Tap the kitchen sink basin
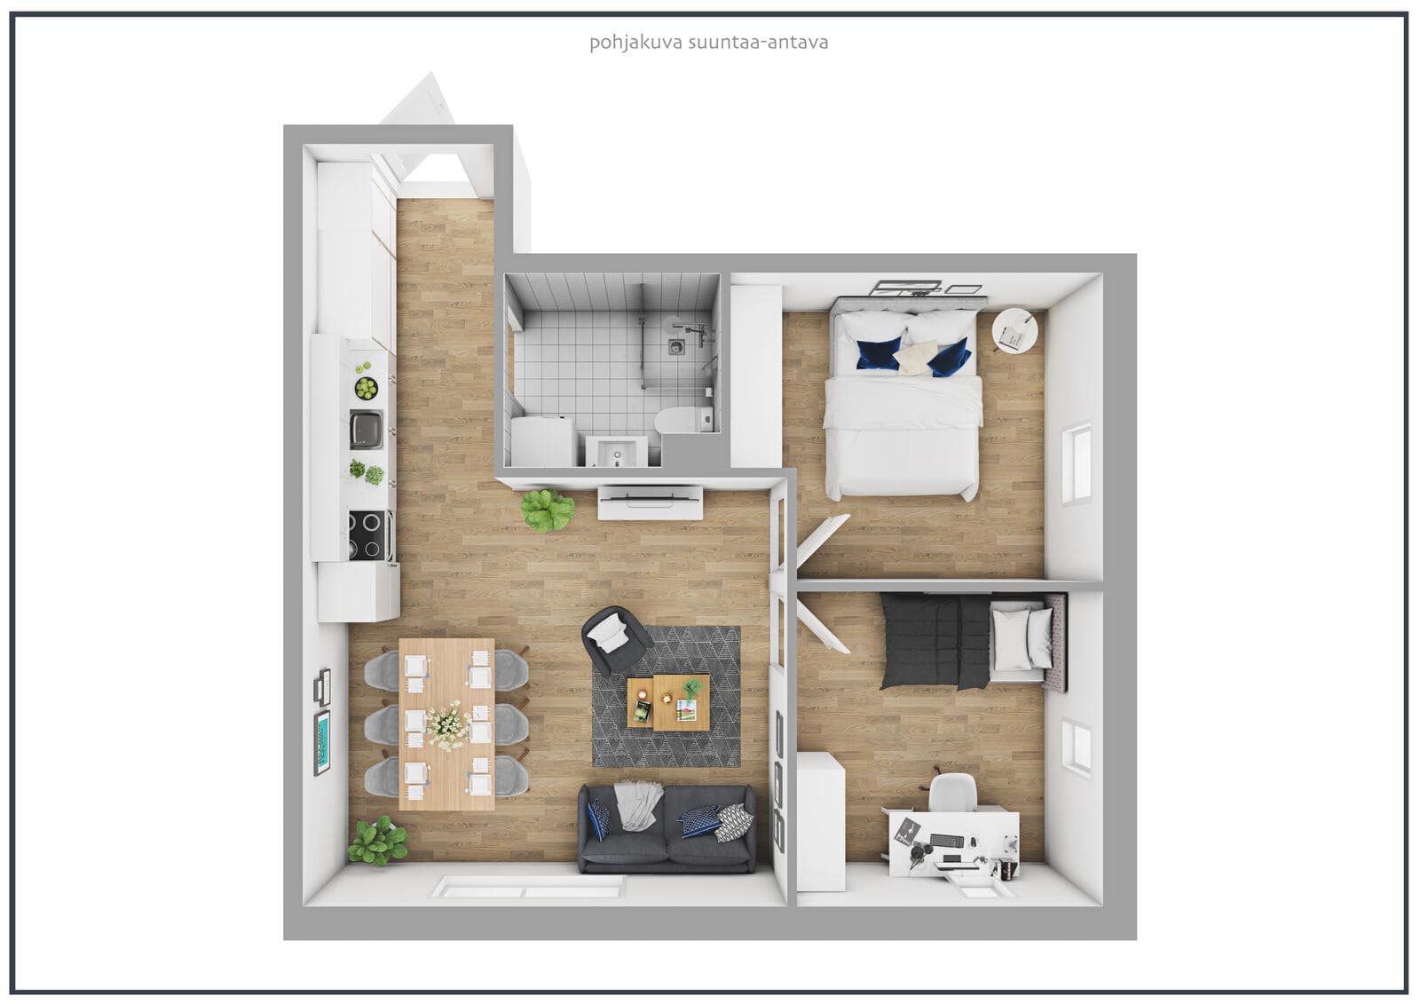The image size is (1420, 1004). (367, 429)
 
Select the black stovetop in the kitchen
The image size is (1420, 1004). (367, 534)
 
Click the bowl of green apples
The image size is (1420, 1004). (366, 388)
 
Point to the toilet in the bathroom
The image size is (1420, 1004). (684, 419)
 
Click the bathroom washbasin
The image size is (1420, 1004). (616, 452)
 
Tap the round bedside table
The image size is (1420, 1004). (1015, 330)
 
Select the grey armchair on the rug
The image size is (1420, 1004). (616, 639)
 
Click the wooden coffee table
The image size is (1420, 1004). (668, 702)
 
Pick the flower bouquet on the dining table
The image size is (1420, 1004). (449, 725)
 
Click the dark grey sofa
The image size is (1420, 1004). (667, 828)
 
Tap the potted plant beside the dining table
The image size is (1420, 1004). (378, 841)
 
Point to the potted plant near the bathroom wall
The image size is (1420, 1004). (547, 510)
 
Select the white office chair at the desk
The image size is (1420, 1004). (952, 793)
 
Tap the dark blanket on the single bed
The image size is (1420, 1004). (935, 641)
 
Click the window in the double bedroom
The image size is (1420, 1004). (1077, 463)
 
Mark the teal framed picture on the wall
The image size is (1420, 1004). (323, 743)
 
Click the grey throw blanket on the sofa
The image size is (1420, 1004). (638, 804)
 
